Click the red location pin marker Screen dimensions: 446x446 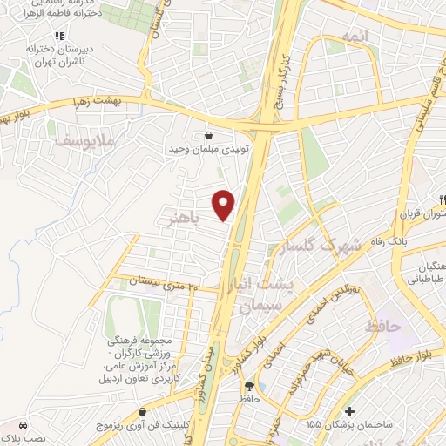(225, 204)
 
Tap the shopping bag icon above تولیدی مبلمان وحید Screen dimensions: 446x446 (209, 136)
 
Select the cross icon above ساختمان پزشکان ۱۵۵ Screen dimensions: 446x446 (349, 411)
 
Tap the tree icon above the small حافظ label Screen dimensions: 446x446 (251, 385)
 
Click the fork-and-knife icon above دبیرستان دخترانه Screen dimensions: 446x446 (59, 36)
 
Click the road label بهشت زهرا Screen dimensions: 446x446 (98, 103)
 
